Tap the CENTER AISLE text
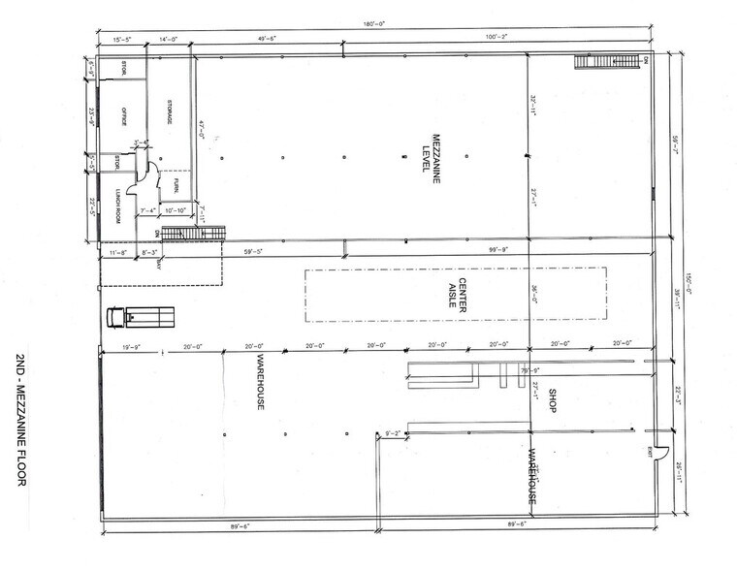tap(457, 294)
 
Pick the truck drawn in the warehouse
tap(142, 317)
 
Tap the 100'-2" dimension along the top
tap(496, 37)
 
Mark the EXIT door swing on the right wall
tap(659, 452)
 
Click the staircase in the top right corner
tap(606, 61)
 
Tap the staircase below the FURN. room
tap(192, 234)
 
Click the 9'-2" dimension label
tap(394, 433)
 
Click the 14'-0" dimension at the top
tap(171, 37)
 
